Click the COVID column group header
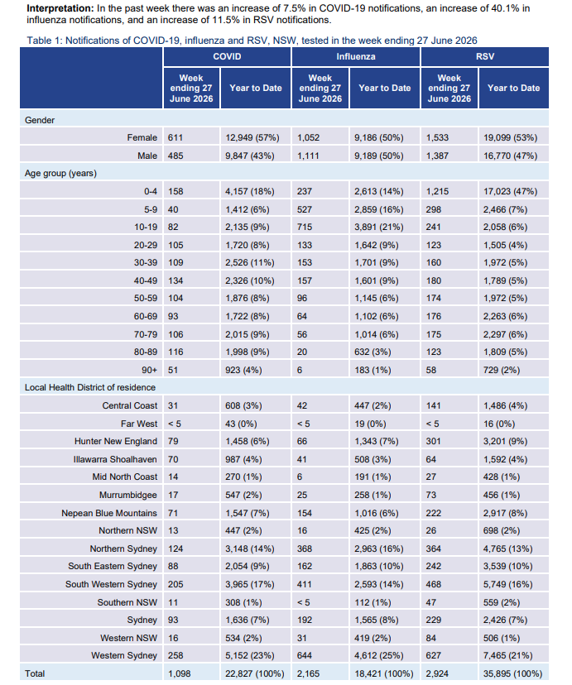pyautogui.click(x=227, y=57)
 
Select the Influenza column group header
pyautogui.click(x=356, y=57)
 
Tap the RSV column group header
pyautogui.click(x=485, y=57)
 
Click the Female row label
pyautogui.click(x=142, y=137)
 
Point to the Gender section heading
pyautogui.click(x=40, y=120)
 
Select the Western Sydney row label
pyautogui.click(x=124, y=656)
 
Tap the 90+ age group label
pyautogui.click(x=150, y=370)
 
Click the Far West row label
pyautogui.click(x=139, y=424)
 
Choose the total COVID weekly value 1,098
pyautogui.click(x=180, y=673)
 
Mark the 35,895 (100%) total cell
pyautogui.click(x=513, y=673)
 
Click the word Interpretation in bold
pyautogui.click(x=60, y=8)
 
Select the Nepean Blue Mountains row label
pyautogui.click(x=109, y=513)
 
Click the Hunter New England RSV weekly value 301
pyautogui.click(x=434, y=441)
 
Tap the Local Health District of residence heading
pyautogui.click(x=90, y=387)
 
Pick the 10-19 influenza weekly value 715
pyautogui.click(x=305, y=228)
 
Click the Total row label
pyautogui.click(x=35, y=673)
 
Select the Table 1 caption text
pyautogui.click(x=252, y=41)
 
